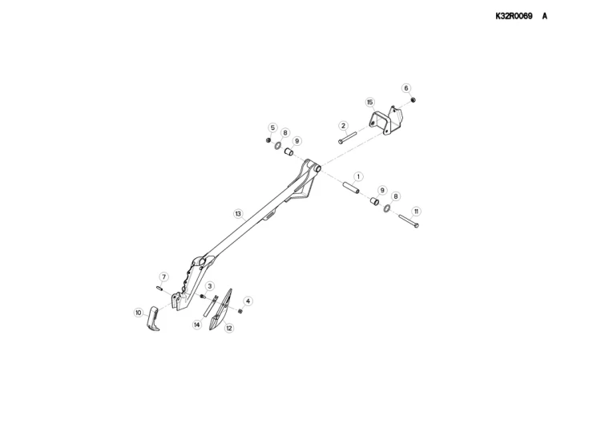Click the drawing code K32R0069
(514, 16)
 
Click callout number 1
(358, 176)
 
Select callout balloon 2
(343, 126)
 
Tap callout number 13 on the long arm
(238, 213)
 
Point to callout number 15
(370, 103)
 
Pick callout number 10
(139, 313)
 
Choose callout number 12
(229, 328)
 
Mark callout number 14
(196, 325)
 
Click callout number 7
(163, 277)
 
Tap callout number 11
(416, 212)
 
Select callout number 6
(406, 88)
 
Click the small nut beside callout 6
(413, 100)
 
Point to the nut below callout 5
(268, 140)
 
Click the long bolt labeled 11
(409, 221)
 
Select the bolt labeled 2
(348, 137)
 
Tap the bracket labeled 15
(386, 119)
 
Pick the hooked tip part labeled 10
(153, 318)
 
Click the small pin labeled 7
(160, 288)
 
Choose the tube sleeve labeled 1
(351, 188)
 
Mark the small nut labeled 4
(240, 311)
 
